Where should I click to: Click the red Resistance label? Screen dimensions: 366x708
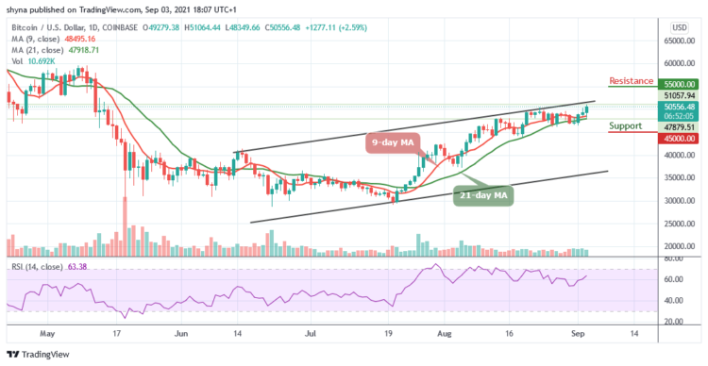(638, 82)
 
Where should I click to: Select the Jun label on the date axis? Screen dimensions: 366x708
(182, 334)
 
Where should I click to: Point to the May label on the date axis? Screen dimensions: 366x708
(41, 334)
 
